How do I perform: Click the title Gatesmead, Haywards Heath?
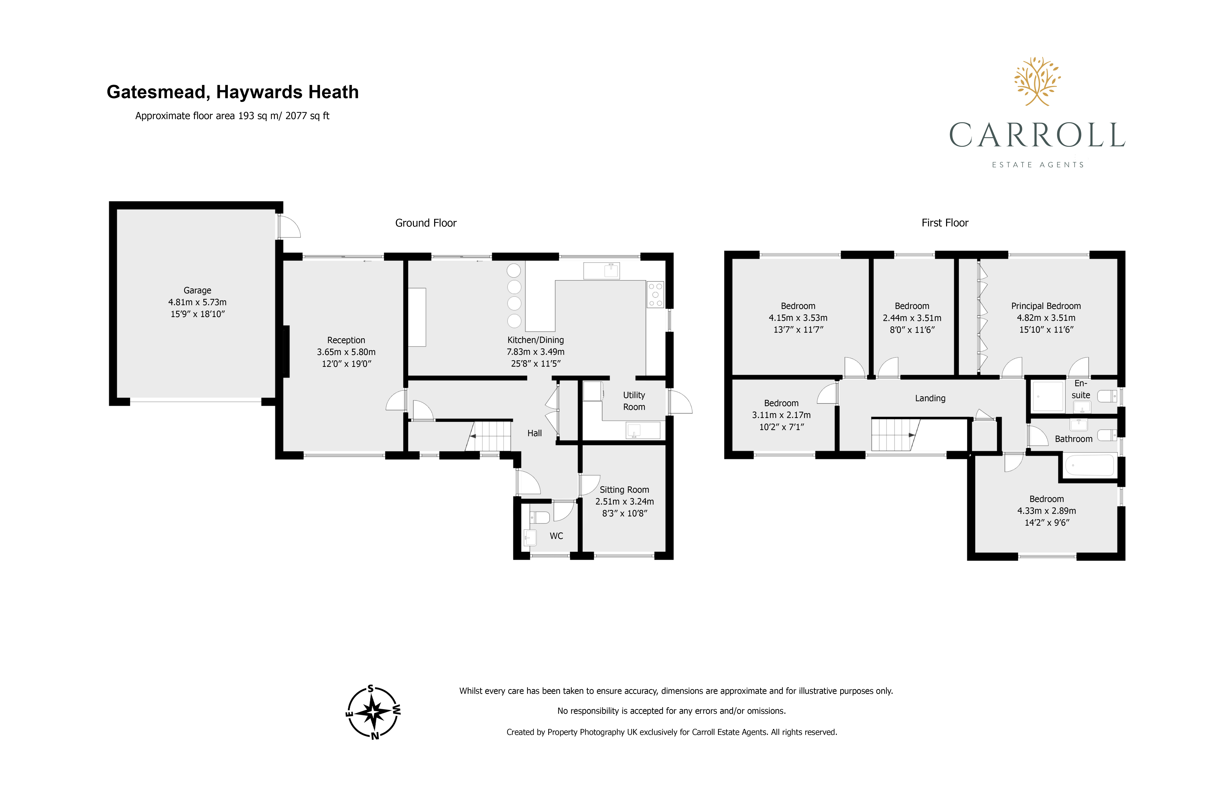[x=233, y=92]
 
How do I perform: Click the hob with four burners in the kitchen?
[x=655, y=294]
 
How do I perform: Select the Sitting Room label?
[x=624, y=490]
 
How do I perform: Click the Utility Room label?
[x=634, y=401]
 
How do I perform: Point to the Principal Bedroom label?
[x=1046, y=306]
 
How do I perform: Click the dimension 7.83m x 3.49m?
[x=536, y=352]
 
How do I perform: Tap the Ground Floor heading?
[x=426, y=222]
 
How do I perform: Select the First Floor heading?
[x=945, y=222]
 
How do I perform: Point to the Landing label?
[x=930, y=398]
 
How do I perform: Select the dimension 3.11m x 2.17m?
[x=781, y=415]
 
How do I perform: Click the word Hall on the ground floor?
[x=535, y=433]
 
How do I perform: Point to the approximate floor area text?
[x=232, y=116]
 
